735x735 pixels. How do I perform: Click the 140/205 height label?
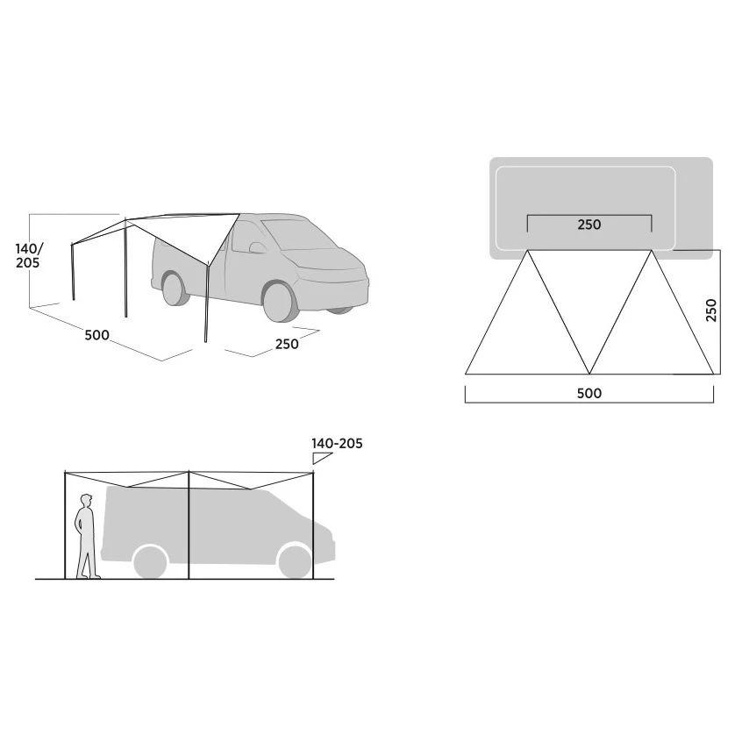point(28,255)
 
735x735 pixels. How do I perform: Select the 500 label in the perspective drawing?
point(97,335)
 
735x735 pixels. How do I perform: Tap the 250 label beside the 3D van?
point(287,344)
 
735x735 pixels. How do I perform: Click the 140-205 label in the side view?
point(337,444)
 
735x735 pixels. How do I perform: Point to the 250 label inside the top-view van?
point(589,225)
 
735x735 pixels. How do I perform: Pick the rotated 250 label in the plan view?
point(711,310)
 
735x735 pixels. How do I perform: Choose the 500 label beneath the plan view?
point(589,393)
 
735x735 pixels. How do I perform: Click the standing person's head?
point(86,501)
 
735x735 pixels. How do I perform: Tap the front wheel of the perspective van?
point(281,302)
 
